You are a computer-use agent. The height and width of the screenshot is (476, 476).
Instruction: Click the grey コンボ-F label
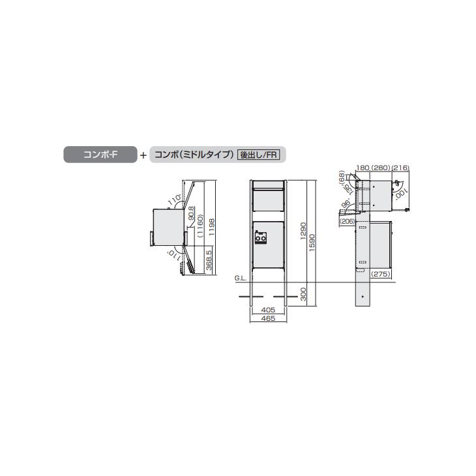tap(99, 155)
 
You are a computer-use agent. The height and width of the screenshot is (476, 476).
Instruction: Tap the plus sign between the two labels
tap(143, 155)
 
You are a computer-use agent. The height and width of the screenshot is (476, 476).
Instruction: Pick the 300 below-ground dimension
tap(303, 293)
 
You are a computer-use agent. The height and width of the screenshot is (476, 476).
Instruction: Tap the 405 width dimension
tap(267, 310)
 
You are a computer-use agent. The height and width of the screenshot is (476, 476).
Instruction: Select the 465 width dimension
tap(267, 320)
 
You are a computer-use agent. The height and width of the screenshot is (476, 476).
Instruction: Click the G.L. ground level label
tap(240, 278)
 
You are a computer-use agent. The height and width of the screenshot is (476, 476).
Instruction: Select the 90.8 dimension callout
tap(191, 213)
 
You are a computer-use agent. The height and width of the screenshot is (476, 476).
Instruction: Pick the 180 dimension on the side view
tap(363, 168)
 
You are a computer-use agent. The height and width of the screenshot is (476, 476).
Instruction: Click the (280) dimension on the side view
tap(380, 168)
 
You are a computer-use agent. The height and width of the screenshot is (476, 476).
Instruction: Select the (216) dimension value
tap(400, 168)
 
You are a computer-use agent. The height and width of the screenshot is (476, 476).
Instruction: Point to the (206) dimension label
tap(347, 222)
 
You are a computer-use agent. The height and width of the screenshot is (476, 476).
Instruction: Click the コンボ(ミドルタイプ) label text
tap(193, 155)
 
